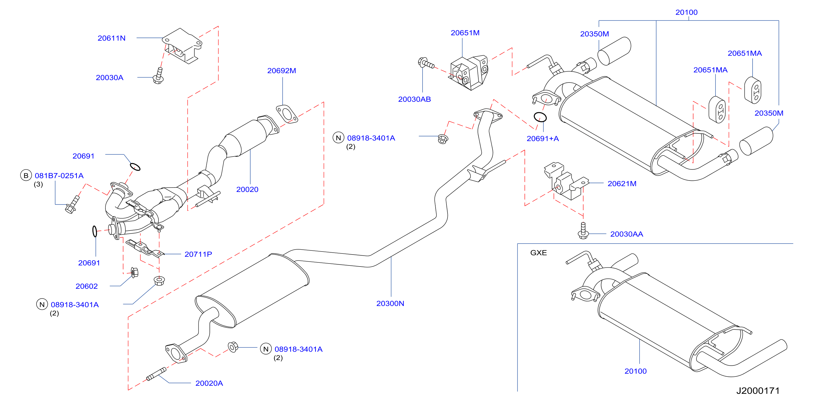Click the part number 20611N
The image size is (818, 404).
(111, 38)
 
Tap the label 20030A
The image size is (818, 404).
(110, 78)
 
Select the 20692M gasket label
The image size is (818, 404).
(282, 71)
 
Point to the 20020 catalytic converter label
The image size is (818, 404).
(247, 189)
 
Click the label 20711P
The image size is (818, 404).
(198, 254)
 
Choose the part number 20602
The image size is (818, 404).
(87, 286)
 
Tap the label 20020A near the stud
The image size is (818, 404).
(209, 383)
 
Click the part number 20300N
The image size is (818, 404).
(390, 304)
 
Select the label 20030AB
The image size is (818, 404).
(414, 99)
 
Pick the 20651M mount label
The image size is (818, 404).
(465, 33)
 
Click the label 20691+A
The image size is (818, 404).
(543, 139)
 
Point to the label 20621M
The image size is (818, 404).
(622, 183)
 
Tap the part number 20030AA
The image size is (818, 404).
(627, 234)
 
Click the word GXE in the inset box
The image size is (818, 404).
(539, 253)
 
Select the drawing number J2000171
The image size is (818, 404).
(758, 391)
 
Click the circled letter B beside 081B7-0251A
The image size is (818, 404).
(26, 175)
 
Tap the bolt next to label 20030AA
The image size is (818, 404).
(583, 231)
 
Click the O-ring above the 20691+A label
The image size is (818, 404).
(540, 117)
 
